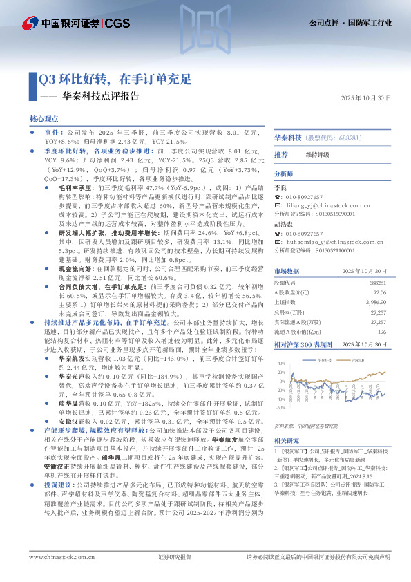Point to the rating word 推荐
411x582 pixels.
pyautogui.click(x=281, y=155)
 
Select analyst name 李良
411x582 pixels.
pyautogui.click(x=279, y=187)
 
